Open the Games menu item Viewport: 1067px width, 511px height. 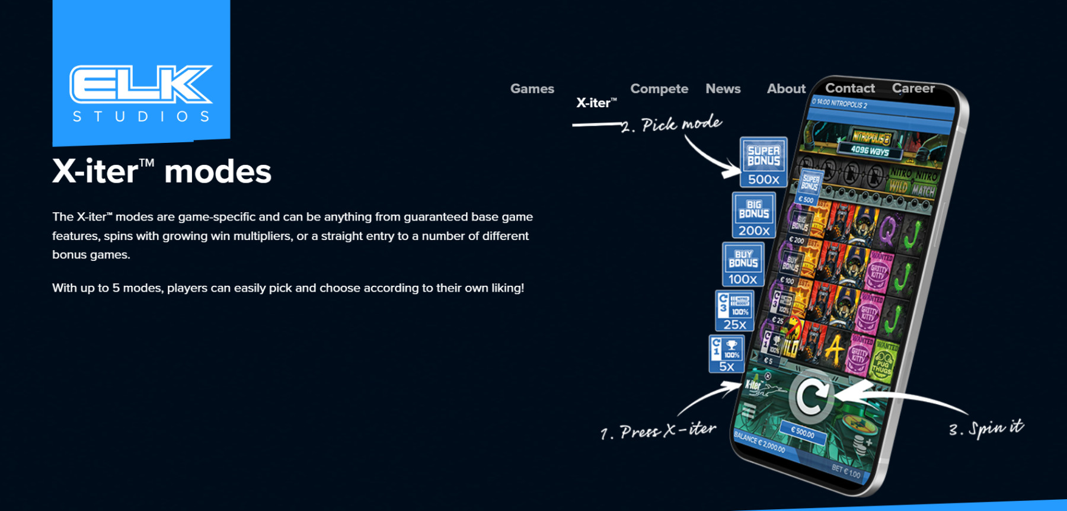(532, 89)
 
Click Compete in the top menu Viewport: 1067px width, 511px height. (659, 89)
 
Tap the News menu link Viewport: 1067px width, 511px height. (723, 89)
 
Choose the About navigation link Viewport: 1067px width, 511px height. (786, 89)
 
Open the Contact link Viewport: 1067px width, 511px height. (849, 88)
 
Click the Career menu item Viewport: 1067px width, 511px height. (913, 88)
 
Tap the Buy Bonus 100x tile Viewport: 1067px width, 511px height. (743, 264)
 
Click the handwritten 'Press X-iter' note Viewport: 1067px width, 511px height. (658, 431)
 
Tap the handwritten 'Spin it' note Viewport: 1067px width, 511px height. (986, 428)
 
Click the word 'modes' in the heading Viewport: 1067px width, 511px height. (218, 172)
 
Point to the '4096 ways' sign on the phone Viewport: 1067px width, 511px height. (870, 151)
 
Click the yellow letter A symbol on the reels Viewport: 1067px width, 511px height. (835, 350)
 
